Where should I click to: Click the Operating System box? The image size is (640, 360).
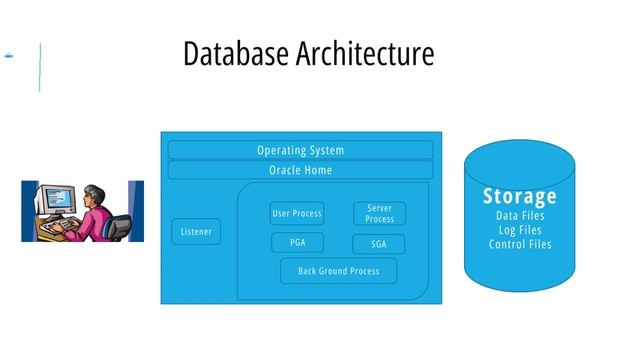click(300, 150)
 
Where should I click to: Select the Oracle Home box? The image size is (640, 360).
click(300, 170)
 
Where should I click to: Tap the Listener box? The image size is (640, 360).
click(196, 232)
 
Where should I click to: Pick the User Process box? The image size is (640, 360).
click(297, 213)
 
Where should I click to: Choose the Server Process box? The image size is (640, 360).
click(379, 213)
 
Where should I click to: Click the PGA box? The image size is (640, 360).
click(297, 242)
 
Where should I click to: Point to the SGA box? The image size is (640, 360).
click(379, 244)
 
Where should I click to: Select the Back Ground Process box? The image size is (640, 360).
click(338, 270)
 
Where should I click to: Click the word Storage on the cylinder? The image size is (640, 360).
click(519, 196)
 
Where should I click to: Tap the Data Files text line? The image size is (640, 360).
click(519, 216)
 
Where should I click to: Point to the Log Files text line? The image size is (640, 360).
click(519, 230)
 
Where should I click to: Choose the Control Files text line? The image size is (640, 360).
click(519, 244)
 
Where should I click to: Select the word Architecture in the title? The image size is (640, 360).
click(365, 53)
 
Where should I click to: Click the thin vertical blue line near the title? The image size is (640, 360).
click(40, 67)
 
